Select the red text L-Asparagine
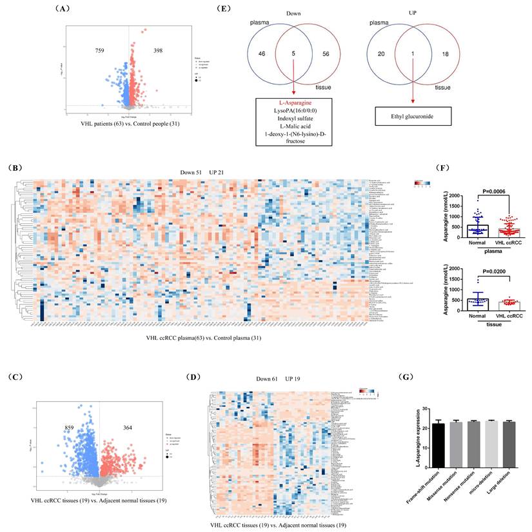[293, 104]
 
